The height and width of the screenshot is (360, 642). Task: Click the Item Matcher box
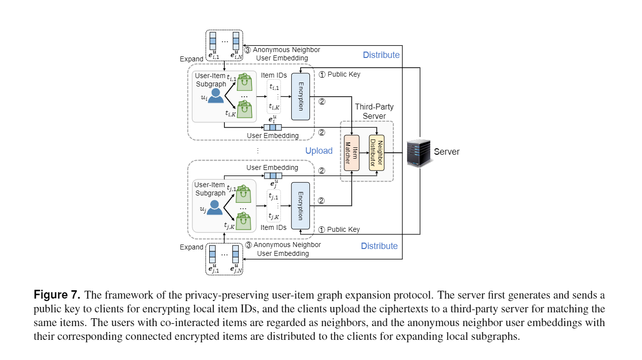click(352, 153)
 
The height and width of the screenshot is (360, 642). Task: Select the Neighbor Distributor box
click(377, 153)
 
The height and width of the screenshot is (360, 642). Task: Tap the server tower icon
click(418, 153)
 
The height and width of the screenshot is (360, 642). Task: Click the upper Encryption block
click(301, 96)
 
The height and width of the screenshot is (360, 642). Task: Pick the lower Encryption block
click(301, 205)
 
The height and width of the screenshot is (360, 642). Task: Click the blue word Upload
click(319, 151)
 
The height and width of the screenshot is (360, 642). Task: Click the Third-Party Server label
click(374, 111)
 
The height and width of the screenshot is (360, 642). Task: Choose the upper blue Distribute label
click(381, 55)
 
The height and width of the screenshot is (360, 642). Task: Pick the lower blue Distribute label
click(379, 246)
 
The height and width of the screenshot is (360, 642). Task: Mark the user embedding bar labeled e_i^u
click(273, 127)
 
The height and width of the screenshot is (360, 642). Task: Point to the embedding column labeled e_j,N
click(236, 254)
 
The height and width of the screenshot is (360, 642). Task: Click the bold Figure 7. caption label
click(56, 295)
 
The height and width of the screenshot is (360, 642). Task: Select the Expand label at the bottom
click(192, 247)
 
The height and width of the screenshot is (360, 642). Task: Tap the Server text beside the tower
click(447, 152)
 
